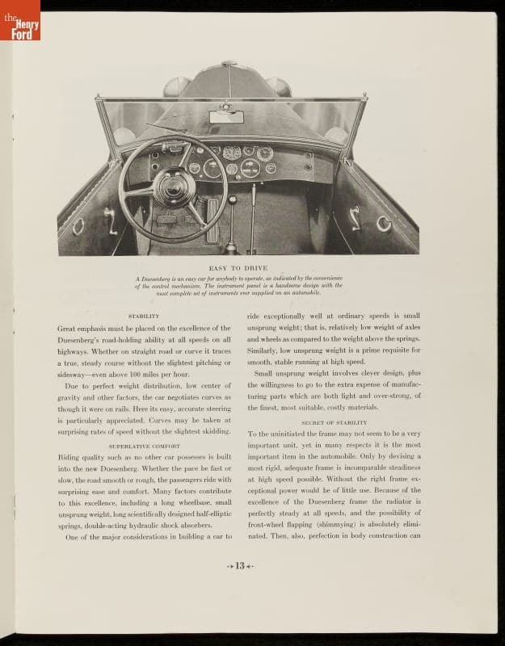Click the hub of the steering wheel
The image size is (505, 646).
[172, 187]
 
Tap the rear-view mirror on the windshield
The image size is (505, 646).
[225, 117]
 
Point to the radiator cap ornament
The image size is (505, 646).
[229, 64]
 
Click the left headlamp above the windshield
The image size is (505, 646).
[175, 86]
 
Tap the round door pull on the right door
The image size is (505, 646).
[383, 223]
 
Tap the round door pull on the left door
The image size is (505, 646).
[78, 225]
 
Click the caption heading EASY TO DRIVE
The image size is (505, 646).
[238, 267]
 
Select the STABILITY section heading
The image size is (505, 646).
[144, 316]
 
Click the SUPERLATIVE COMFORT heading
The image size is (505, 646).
[144, 445]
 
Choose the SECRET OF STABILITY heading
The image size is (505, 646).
[334, 422]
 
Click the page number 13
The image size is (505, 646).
[239, 566]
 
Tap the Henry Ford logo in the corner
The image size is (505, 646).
[20, 20]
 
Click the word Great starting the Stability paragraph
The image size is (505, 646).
[70, 329]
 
